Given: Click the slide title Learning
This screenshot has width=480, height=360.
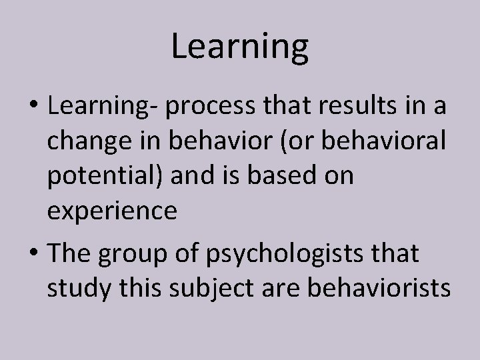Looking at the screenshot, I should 240,47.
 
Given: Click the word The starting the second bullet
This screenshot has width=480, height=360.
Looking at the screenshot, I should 69,253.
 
